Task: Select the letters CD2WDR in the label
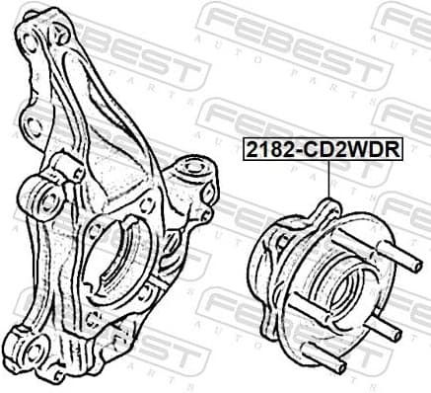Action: (x=346, y=151)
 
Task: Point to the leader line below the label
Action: (x=328, y=183)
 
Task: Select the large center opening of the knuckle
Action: (x=106, y=259)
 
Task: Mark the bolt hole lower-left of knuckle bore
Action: (x=92, y=318)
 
